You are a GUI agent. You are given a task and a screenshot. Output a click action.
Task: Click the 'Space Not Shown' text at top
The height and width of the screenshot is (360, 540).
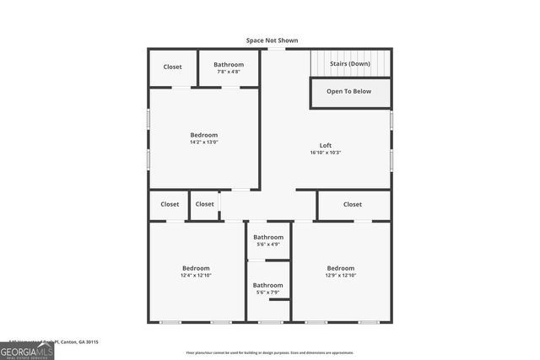[272, 40]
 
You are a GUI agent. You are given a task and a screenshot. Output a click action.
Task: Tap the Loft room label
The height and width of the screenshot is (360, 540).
[325, 145]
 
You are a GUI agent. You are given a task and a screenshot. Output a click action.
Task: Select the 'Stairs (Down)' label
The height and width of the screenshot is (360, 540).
[348, 63]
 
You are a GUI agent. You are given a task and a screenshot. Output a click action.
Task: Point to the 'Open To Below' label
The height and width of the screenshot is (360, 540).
[348, 91]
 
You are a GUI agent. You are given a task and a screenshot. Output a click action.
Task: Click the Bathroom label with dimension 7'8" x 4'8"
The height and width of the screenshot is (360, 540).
[229, 64]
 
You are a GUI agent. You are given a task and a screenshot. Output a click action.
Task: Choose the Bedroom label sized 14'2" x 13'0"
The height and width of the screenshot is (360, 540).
[203, 135]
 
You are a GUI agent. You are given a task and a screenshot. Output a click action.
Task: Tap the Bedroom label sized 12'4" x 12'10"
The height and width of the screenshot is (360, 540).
[195, 268]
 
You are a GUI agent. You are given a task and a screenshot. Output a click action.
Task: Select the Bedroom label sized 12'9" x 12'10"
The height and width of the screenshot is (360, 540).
[341, 268]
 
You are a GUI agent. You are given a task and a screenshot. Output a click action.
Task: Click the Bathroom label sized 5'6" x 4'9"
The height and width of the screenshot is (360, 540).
[268, 237]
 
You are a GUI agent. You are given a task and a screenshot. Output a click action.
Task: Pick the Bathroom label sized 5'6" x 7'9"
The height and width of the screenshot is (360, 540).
[268, 285]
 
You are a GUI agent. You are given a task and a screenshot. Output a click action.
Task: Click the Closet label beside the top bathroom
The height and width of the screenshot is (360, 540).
[172, 67]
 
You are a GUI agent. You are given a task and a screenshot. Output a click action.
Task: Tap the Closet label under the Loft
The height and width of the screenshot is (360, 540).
[352, 204]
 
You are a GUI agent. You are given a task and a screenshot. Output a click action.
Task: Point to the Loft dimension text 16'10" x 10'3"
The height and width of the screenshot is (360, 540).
[325, 153]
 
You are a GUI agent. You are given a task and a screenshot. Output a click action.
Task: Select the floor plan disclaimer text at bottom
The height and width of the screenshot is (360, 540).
[270, 353]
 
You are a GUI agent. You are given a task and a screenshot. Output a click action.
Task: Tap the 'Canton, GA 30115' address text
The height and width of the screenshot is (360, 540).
[80, 342]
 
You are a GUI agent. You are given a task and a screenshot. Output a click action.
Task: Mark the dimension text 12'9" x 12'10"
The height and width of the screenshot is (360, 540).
[341, 276]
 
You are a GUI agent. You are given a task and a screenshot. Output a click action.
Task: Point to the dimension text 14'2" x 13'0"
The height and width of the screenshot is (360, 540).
[203, 142]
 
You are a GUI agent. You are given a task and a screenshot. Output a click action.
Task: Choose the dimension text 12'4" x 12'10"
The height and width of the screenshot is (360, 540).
[195, 276]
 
